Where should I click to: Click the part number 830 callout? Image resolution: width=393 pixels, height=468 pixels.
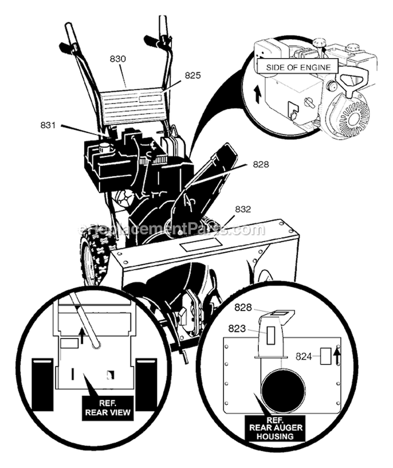pyautogui.click(x=117, y=60)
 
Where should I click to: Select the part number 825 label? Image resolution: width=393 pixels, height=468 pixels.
pyautogui.click(x=192, y=76)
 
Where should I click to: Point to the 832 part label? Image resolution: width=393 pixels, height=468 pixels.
pyautogui.click(x=243, y=209)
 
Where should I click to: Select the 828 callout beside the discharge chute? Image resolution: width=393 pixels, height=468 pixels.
pyautogui.click(x=260, y=164)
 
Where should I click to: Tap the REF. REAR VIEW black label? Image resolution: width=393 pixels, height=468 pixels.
pyautogui.click(x=108, y=407)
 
